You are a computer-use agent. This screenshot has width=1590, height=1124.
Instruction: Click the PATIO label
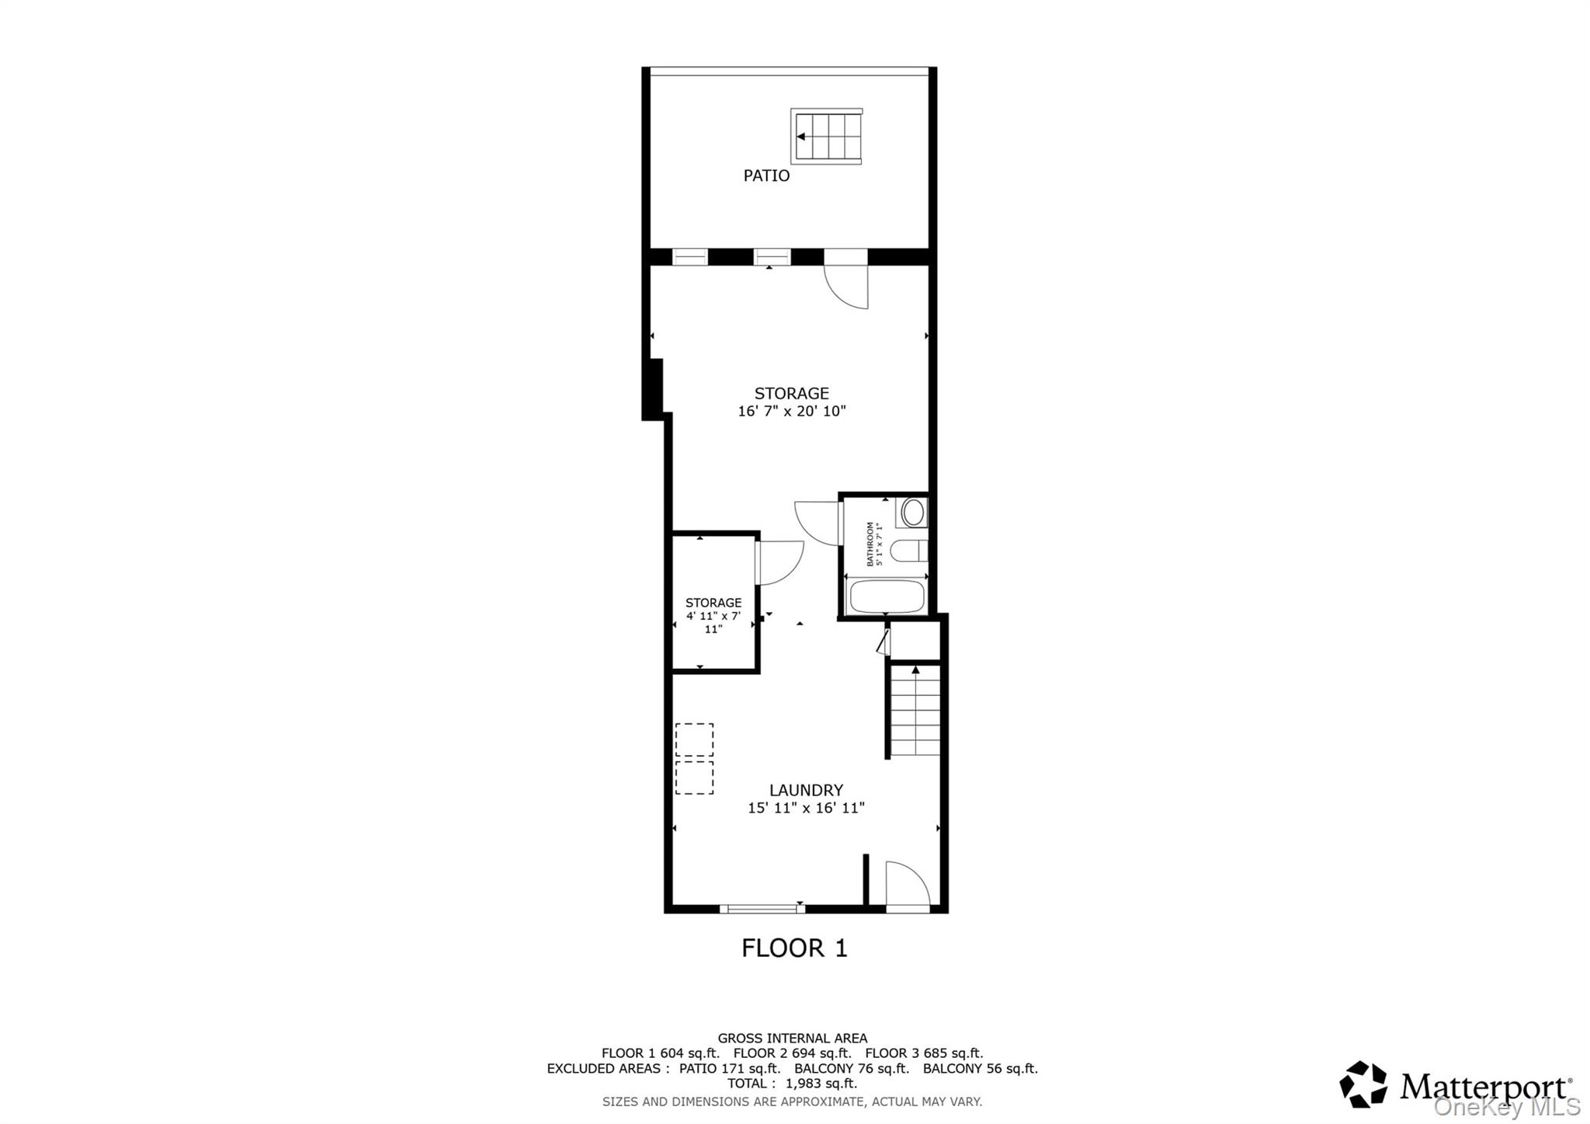click(766, 176)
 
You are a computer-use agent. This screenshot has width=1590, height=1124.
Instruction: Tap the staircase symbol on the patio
click(827, 137)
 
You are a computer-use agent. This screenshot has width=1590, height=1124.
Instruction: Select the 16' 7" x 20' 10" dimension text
click(791, 411)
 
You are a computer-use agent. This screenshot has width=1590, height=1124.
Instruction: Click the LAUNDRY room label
click(806, 790)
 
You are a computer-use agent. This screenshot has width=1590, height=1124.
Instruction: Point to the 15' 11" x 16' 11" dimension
click(806, 808)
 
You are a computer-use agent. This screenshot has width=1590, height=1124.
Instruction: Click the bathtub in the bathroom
click(887, 597)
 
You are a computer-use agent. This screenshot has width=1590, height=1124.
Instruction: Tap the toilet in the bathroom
click(907, 551)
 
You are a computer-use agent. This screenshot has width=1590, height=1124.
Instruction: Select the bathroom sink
click(913, 513)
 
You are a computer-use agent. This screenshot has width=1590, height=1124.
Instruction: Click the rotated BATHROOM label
click(874, 544)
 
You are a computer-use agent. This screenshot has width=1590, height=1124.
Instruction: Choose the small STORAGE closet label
click(713, 603)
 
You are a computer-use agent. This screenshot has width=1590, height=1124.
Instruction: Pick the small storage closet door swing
click(779, 562)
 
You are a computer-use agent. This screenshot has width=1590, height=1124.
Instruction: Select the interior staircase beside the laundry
click(915, 711)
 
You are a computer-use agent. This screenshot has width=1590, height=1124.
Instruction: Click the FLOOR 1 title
click(794, 948)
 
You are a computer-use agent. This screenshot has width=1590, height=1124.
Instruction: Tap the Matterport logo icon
click(1363, 1084)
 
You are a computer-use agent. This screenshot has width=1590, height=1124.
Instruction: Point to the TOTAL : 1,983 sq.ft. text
click(792, 1084)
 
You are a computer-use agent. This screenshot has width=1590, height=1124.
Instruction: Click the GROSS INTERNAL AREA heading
click(792, 1038)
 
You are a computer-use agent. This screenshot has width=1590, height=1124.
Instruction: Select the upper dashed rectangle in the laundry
click(694, 739)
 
